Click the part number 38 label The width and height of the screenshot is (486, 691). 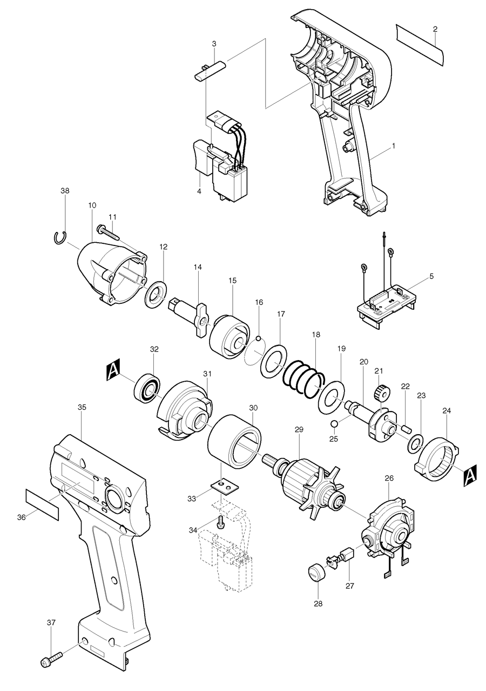point(65,191)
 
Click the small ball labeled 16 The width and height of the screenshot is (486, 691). point(259,338)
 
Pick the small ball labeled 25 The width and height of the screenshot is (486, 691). point(334,423)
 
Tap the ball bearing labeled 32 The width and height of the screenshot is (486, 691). point(147,388)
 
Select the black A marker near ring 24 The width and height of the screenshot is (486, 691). point(469,475)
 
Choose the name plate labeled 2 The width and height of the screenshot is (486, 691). point(420,44)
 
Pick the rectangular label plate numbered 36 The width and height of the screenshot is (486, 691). point(42,504)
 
